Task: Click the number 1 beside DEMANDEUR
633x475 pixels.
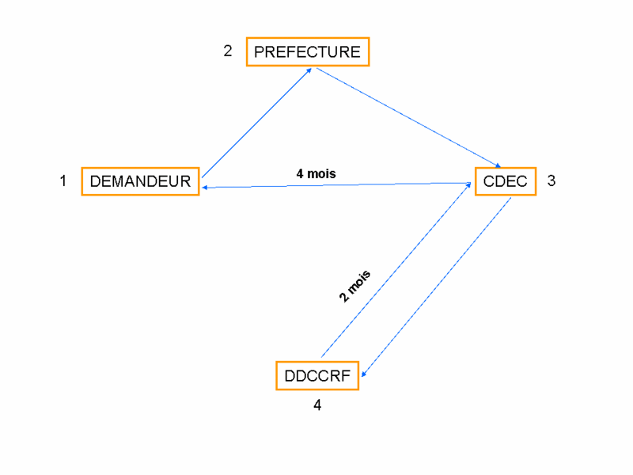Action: (x=63, y=180)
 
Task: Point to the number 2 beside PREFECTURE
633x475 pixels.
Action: (x=228, y=51)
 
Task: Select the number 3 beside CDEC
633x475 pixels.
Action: (x=552, y=180)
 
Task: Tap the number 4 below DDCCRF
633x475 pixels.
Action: (x=317, y=405)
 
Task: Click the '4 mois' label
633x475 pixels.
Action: (x=316, y=173)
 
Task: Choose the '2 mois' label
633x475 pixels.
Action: (x=354, y=286)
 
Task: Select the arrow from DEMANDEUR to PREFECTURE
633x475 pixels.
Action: (x=256, y=123)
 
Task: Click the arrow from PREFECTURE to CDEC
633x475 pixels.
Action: (x=408, y=117)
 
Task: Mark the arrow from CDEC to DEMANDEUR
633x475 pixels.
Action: (x=337, y=185)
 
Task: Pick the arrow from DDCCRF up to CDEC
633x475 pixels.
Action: (x=396, y=270)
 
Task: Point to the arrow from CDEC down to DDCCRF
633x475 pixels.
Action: (x=437, y=287)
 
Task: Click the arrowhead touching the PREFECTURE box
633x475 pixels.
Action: (x=309, y=70)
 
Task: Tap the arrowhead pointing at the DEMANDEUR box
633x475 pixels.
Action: (x=205, y=188)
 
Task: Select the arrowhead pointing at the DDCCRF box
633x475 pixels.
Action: (x=364, y=374)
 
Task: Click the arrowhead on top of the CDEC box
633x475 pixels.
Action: (x=498, y=165)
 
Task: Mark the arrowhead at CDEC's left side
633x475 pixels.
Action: (x=468, y=185)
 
